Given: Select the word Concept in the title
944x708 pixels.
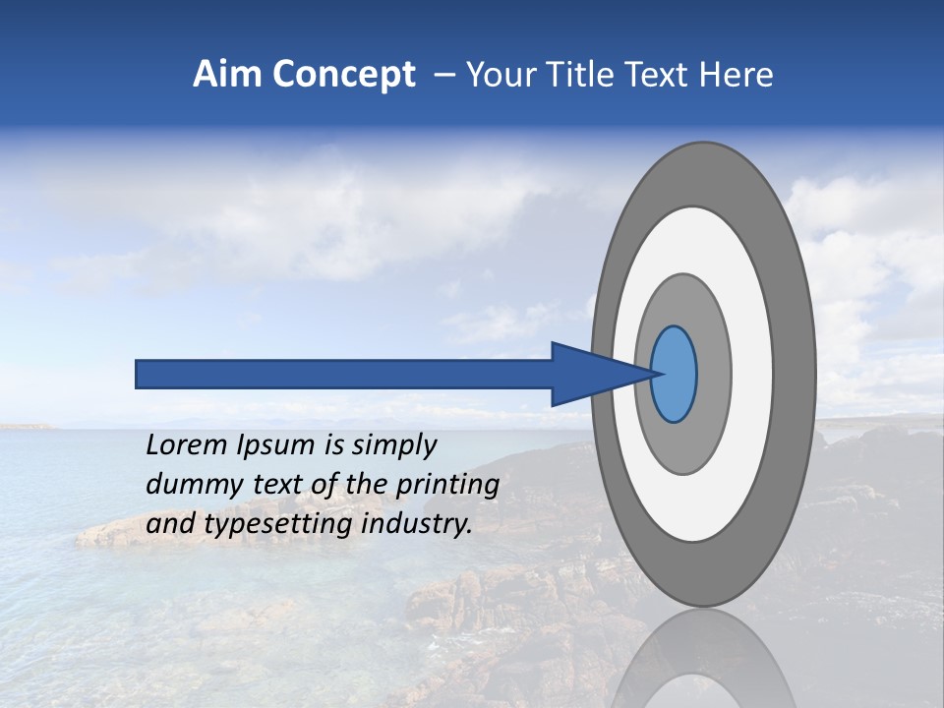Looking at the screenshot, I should click(343, 75).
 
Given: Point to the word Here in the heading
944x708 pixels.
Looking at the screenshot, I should click(737, 75).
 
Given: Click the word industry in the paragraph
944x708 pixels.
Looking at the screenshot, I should click(417, 524).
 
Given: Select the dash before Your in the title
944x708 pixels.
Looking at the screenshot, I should click(444, 76).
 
